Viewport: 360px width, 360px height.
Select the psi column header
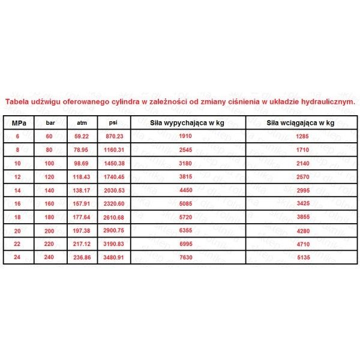112,122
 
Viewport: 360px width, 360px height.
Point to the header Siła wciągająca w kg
300,122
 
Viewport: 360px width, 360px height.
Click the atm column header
82,122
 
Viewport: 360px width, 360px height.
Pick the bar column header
49,122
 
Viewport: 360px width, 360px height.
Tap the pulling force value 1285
300,136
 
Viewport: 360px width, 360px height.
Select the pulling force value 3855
300,217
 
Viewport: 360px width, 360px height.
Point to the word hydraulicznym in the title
329,102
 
